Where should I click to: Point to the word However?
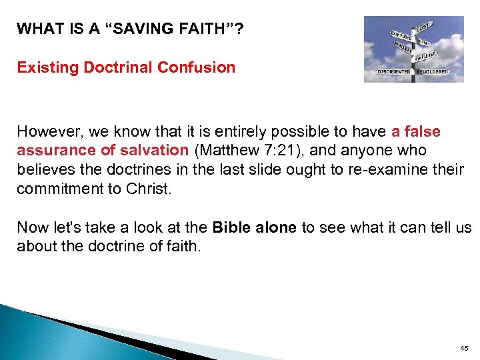click(47, 132)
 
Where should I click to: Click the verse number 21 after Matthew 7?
click(274, 151)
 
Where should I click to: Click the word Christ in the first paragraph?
click(149, 188)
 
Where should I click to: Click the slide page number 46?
click(464, 348)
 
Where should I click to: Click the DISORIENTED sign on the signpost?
click(394, 71)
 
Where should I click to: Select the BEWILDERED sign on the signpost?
click(434, 71)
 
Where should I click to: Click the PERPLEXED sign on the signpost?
click(427, 56)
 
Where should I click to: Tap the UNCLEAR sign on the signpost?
click(403, 46)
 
